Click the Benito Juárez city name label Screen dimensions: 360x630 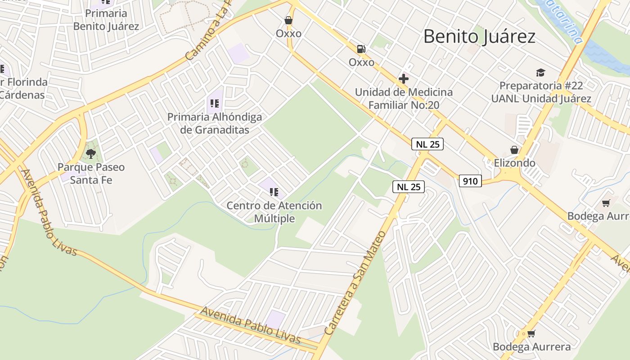[479, 36]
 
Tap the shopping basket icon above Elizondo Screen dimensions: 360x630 [514, 150]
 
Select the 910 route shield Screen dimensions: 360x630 [471, 181]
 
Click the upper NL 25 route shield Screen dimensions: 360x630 [427, 144]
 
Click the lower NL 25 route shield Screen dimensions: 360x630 [409, 187]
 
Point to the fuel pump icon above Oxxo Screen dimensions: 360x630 [361, 49]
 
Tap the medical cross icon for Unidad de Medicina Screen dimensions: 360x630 [404, 79]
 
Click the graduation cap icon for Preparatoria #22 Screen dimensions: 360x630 [540, 72]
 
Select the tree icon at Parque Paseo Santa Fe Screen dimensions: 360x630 [91, 154]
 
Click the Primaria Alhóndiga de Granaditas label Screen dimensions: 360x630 [215, 123]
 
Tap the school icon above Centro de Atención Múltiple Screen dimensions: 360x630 [274, 192]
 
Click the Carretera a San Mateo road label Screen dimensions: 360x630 [355, 283]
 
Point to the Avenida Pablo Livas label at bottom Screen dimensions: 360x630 [250, 325]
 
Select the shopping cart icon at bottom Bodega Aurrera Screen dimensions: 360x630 [531, 333]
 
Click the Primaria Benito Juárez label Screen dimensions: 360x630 [106, 20]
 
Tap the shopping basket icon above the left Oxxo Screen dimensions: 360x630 [288, 20]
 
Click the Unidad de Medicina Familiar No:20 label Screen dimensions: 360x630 [404, 99]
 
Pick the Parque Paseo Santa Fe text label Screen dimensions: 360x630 [91, 173]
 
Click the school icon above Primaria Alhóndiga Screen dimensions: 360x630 [215, 103]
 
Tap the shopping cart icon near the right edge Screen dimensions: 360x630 [606, 203]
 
